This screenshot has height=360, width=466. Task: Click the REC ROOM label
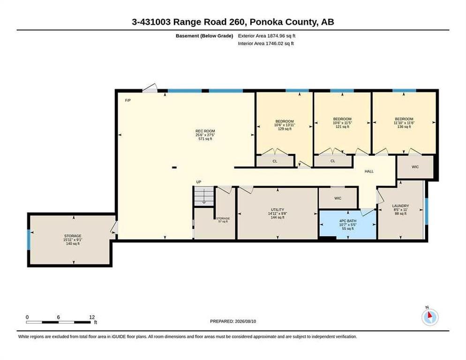tap(205, 131)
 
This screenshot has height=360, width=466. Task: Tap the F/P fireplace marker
tap(128, 100)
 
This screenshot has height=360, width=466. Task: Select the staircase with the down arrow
tap(204, 196)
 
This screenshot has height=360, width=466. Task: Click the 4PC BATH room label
tap(348, 221)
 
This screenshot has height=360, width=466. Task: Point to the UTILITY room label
tap(278, 210)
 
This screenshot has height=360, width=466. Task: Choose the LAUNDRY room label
tap(401, 206)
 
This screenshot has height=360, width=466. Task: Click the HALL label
tap(369, 171)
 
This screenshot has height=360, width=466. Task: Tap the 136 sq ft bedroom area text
tap(404, 127)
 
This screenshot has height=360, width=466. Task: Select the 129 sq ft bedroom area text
tap(285, 129)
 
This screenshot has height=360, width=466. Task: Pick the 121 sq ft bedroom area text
tap(342, 127)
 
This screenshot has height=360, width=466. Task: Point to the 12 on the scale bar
tap(92, 317)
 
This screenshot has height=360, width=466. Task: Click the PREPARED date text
tap(233, 322)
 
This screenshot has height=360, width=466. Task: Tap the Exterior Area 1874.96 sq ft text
tap(267, 36)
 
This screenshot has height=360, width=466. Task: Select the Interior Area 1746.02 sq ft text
tap(266, 44)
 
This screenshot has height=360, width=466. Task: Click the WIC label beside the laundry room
tap(415, 167)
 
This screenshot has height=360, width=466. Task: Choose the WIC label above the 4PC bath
tap(338, 198)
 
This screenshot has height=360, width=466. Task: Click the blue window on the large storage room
tap(29, 240)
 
